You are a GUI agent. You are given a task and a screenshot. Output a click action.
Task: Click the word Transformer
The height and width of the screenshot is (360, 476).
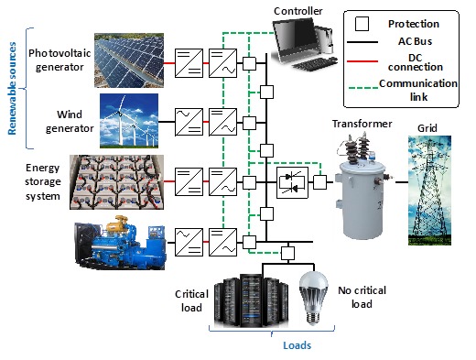click(362, 123)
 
